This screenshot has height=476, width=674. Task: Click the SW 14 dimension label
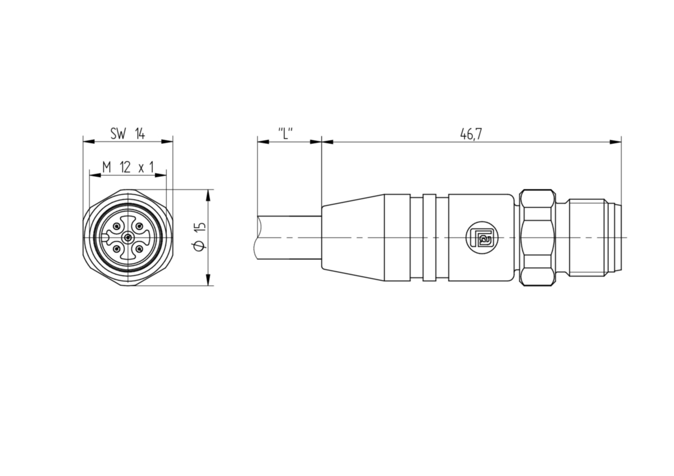(127, 134)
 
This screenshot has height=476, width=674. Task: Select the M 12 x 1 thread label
(128, 167)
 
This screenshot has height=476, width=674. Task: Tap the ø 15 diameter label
(199, 236)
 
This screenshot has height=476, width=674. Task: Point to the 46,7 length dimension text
(471, 134)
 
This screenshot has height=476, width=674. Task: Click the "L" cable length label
(285, 134)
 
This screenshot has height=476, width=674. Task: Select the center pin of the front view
(128, 238)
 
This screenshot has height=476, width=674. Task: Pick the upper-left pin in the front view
(117, 226)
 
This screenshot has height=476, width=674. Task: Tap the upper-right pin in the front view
(139, 226)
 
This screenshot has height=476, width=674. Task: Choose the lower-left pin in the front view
(117, 249)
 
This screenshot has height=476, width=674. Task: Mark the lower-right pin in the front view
(139, 249)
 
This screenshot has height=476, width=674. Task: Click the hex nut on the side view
(538, 237)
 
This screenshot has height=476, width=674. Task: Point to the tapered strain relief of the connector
(353, 237)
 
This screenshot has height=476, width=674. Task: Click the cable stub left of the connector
(288, 237)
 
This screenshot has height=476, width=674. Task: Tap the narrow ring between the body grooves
(429, 237)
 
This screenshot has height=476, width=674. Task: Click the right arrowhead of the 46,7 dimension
(616, 141)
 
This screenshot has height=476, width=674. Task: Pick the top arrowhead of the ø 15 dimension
(208, 195)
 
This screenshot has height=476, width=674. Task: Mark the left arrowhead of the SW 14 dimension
(89, 141)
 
